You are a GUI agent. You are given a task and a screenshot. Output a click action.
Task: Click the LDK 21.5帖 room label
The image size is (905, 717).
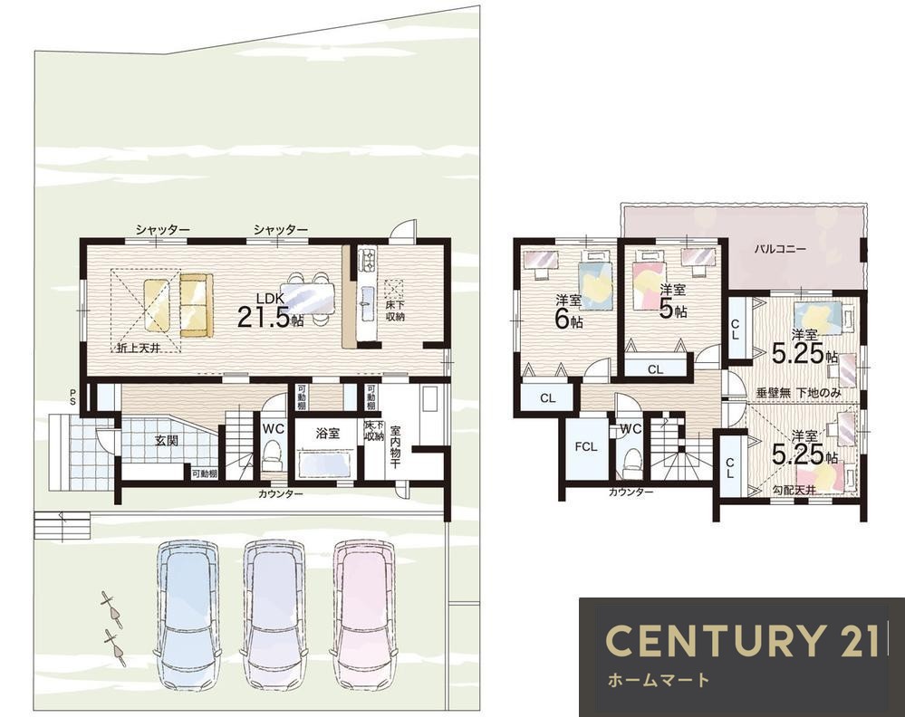point(270,311)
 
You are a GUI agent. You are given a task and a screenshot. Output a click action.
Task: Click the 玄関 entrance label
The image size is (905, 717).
point(166,441)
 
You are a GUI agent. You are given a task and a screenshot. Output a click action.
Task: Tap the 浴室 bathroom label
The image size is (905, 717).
point(328,434)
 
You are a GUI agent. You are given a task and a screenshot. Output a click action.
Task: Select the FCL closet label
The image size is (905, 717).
point(586,446)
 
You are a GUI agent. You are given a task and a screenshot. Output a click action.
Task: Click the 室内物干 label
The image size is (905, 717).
point(395,447)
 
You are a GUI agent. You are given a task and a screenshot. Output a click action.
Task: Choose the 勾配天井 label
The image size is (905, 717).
point(794,491)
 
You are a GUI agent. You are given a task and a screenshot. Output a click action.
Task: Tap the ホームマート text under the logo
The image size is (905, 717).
point(658,680)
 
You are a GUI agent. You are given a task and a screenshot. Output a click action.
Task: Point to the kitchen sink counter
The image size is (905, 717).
point(367,294)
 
